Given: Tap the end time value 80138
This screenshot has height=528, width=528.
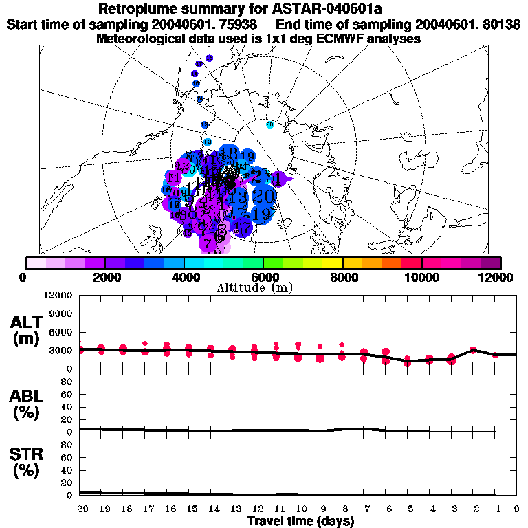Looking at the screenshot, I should (x=494, y=25).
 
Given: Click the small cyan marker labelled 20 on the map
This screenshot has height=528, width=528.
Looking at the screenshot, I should (x=269, y=124).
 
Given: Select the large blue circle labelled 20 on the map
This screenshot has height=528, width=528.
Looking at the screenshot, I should (x=264, y=196).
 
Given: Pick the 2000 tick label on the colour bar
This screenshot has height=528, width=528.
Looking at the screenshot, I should (x=104, y=277).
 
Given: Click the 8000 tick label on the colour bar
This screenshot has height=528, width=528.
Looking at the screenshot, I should (x=342, y=277).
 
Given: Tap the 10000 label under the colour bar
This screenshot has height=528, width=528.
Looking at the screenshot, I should (x=421, y=277).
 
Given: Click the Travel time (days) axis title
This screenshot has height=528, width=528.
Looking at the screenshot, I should (x=300, y=521).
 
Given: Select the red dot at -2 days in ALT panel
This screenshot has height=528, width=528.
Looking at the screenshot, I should (x=473, y=350).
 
